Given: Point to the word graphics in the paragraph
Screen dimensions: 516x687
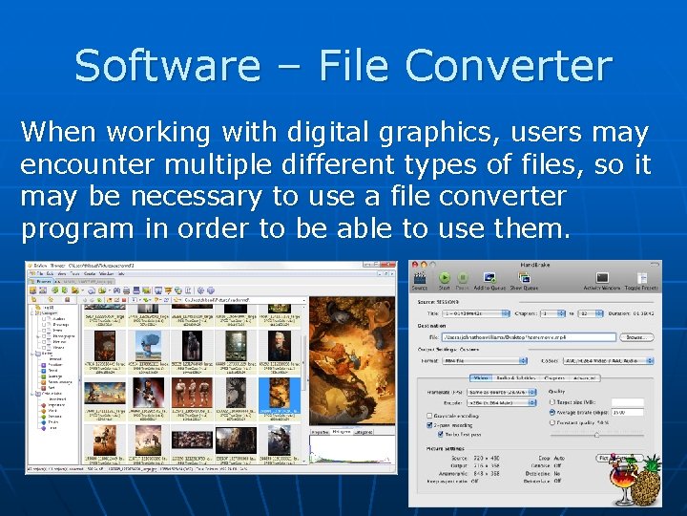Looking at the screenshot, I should (x=386, y=132).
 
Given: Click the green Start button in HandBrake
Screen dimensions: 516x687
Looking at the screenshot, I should (x=444, y=278).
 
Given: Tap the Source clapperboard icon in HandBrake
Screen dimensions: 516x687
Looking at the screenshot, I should (x=420, y=278).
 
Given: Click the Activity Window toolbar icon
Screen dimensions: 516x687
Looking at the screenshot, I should (x=601, y=278).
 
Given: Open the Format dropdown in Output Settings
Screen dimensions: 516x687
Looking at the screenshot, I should (x=484, y=360).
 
